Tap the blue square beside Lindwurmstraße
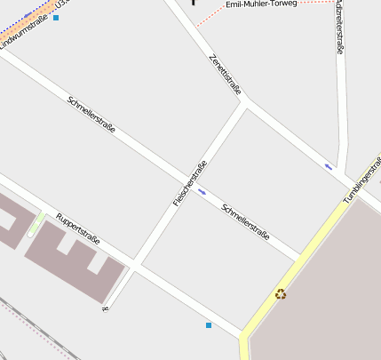[x=56, y=18]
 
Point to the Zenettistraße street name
[x=225, y=73]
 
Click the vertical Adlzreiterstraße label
[x=340, y=27]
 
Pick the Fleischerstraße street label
[x=190, y=183]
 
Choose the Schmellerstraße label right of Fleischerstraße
[x=245, y=221]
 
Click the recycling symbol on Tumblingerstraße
[x=281, y=294]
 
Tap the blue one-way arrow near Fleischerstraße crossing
[x=202, y=190]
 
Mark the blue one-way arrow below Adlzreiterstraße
[x=329, y=166]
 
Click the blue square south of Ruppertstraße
[x=209, y=325]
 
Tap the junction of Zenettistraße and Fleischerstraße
[x=244, y=102]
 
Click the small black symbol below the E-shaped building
[x=105, y=308]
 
